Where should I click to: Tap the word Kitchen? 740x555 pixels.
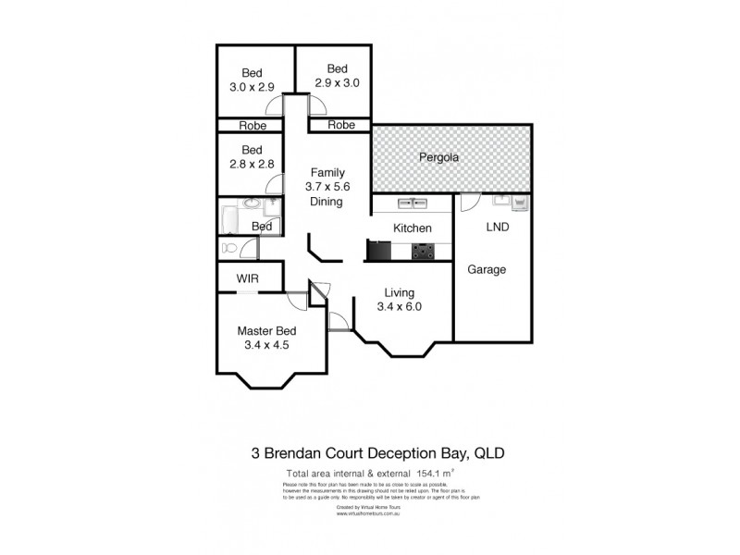[413, 228]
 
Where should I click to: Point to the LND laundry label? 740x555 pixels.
[498, 226]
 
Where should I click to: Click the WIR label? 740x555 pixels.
[248, 277]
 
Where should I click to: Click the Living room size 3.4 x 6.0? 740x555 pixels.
[401, 307]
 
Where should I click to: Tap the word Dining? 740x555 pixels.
[327, 201]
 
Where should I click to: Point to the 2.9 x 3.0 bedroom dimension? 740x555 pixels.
[336, 82]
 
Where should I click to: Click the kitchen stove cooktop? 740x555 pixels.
[425, 250]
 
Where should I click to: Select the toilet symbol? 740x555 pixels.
[232, 248]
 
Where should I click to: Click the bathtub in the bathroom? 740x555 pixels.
[228, 222]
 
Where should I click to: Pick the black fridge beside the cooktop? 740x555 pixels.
[379, 250]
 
